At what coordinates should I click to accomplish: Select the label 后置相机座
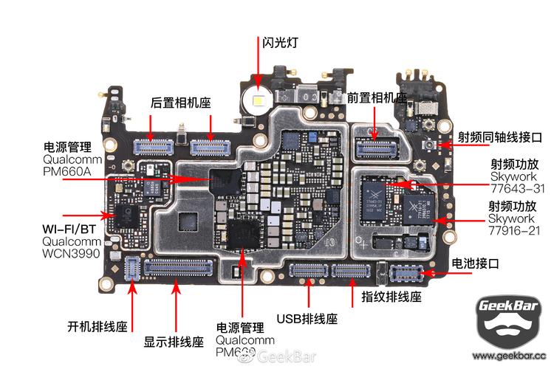pos(180,103)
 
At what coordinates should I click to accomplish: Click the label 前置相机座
pos(376,97)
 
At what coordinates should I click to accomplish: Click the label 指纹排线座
pos(391,297)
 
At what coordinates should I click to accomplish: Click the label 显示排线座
pos(174,342)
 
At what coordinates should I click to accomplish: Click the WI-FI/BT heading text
pos(71,228)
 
